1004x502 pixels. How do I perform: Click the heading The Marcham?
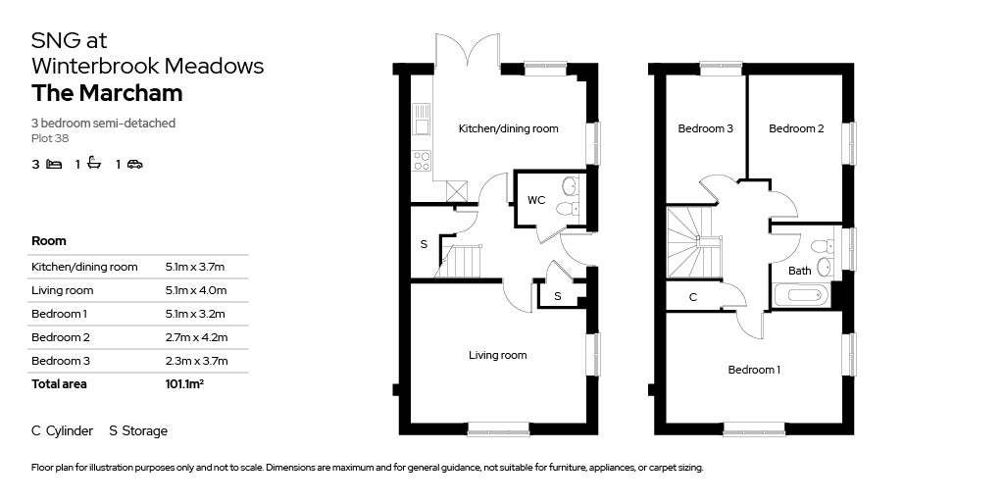[107, 94]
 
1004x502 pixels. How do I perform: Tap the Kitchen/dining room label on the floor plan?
[508, 128]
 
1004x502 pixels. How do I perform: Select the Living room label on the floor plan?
[497, 355]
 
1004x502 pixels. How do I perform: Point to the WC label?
[536, 200]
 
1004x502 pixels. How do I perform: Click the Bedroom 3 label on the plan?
[706, 128]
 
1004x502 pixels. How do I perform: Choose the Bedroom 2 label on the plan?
[795, 128]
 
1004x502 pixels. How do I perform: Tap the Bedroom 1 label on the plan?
[754, 370]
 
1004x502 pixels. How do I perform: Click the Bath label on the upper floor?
[799, 271]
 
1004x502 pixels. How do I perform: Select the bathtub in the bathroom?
[801, 295]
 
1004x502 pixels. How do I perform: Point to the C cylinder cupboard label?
[692, 296]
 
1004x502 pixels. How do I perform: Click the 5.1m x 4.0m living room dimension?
[196, 290]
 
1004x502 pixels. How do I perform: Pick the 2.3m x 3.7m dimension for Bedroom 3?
[196, 361]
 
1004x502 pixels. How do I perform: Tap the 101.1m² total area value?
[184, 384]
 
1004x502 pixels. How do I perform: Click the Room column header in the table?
[49, 241]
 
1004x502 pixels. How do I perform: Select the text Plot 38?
[50, 138]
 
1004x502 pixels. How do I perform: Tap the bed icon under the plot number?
[54, 165]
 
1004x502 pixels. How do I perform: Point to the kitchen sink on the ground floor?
[422, 119]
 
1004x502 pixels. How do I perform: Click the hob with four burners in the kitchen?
[422, 160]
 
